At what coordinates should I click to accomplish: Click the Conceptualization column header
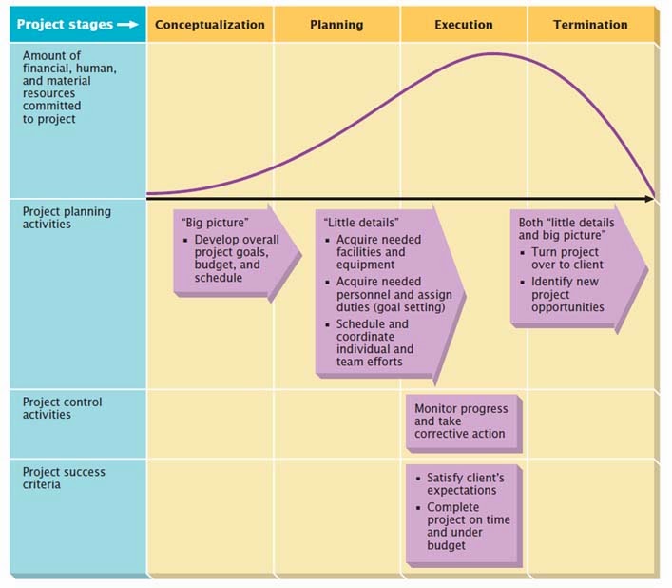pos(209,25)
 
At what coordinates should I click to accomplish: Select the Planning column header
pos(336,25)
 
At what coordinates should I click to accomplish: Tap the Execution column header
pos(463,25)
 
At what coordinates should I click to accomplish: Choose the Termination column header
pos(590,25)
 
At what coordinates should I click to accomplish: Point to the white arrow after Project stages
pos(126,25)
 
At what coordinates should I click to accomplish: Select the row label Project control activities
pos(62,408)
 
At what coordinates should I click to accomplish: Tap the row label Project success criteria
pos(64,478)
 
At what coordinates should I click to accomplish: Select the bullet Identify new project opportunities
pos(567,294)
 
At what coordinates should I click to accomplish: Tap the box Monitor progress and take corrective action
pos(461,421)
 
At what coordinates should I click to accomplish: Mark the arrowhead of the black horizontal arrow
pos(649,198)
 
